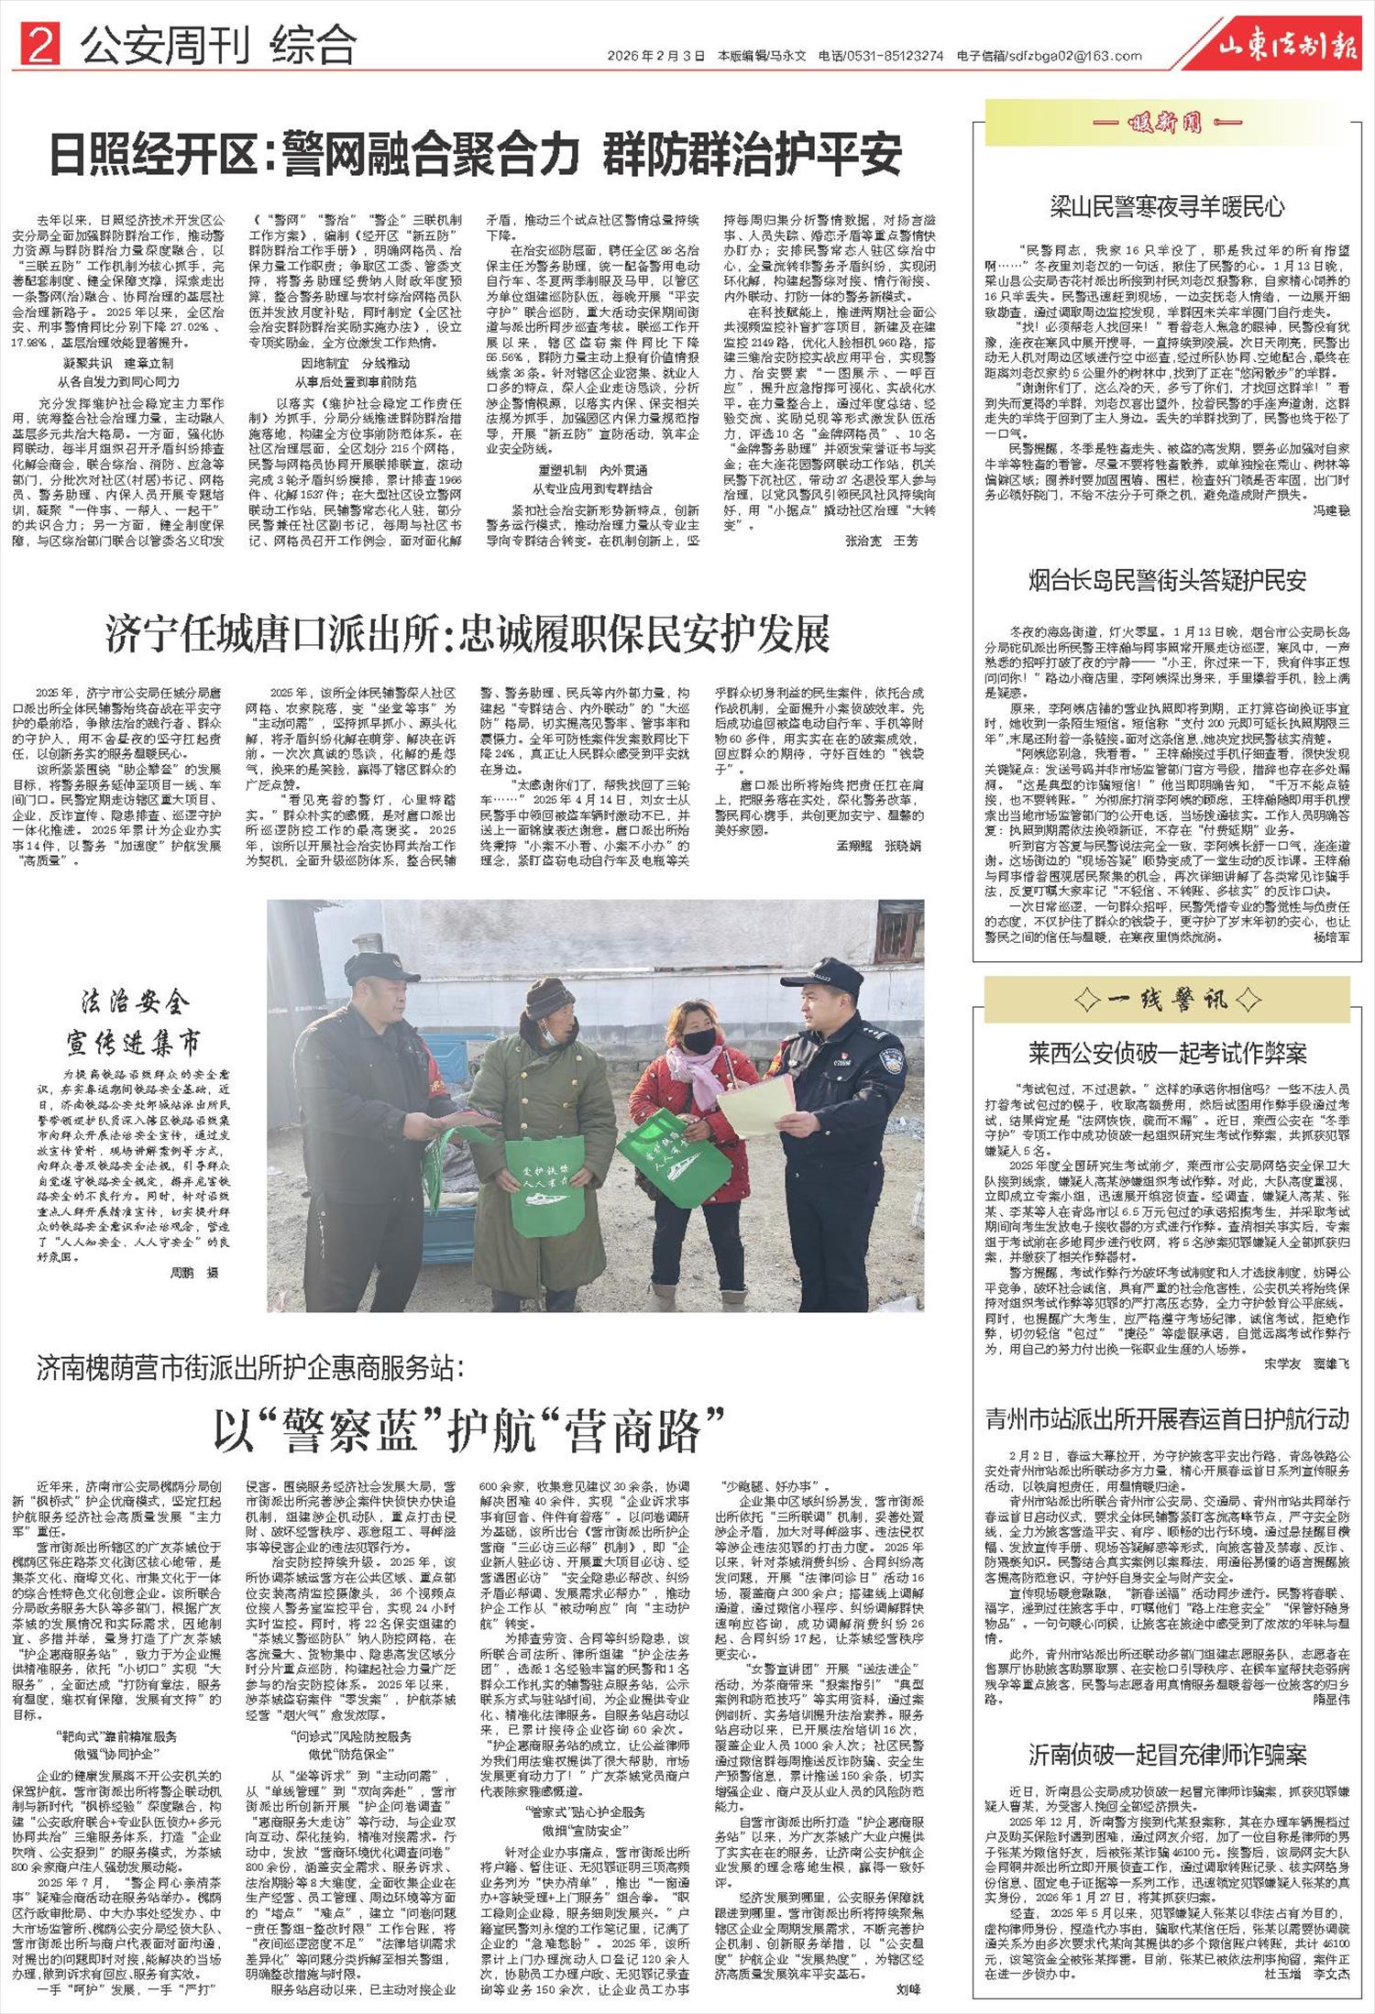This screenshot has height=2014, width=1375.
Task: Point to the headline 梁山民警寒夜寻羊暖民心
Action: (1167, 207)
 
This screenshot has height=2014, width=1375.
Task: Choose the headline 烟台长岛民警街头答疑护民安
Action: (1167, 581)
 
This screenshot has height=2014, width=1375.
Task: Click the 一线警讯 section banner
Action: (1167, 1000)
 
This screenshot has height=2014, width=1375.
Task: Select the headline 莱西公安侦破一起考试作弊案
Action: (1167, 1053)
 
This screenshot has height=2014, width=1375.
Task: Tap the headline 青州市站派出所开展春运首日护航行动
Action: (1167, 1419)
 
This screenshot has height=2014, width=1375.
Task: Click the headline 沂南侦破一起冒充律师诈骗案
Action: (1167, 1755)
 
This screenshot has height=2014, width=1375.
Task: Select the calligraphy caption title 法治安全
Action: (135, 1002)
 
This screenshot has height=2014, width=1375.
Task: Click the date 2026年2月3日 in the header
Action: (655, 56)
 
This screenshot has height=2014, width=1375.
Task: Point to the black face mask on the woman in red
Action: (699, 1040)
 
